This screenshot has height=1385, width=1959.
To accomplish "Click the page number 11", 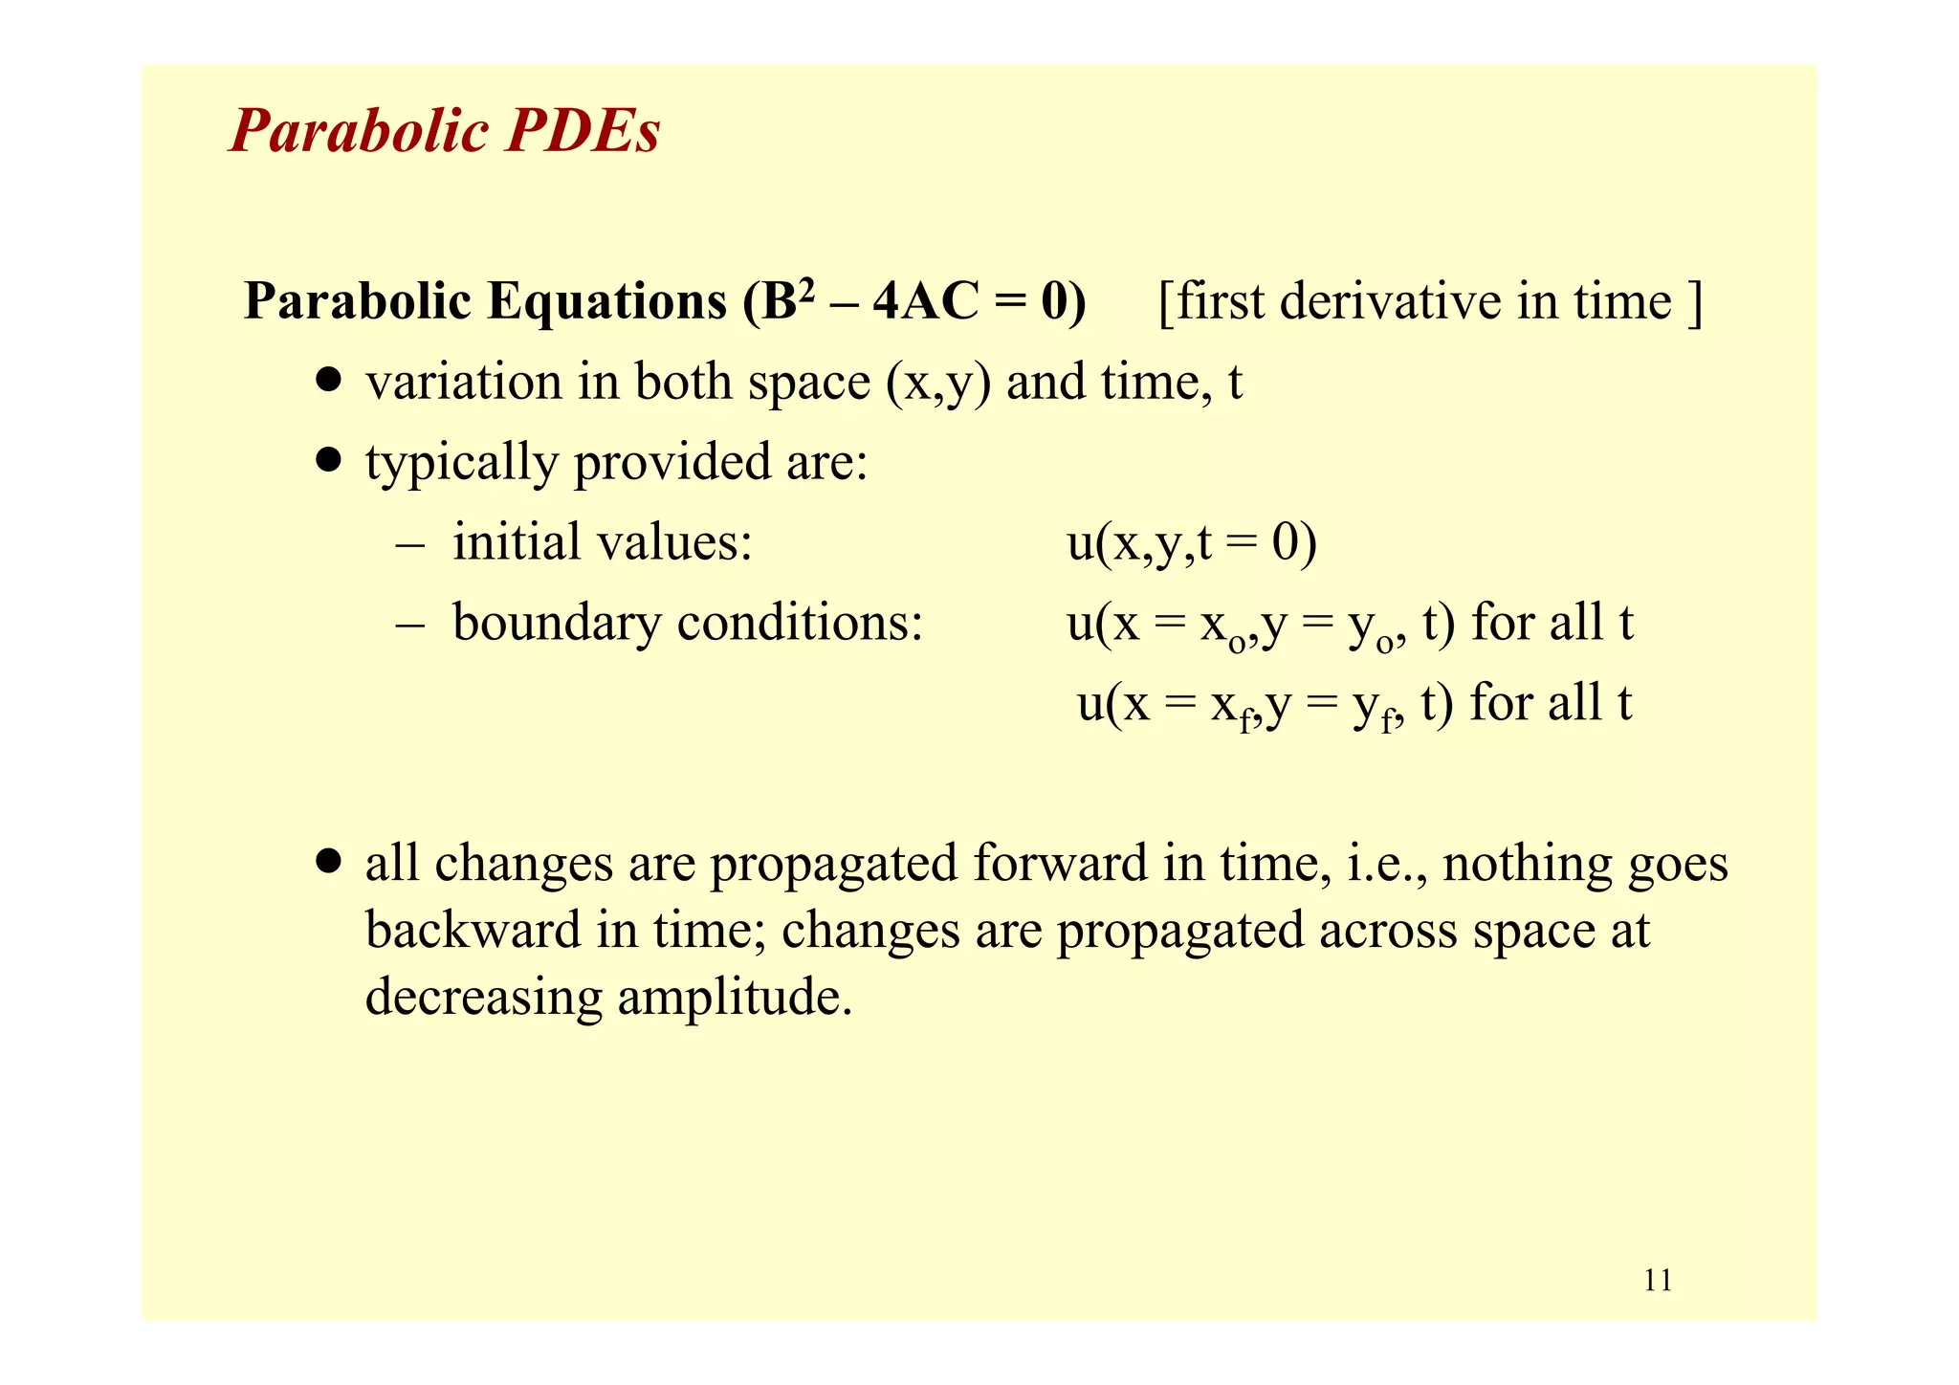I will [x=1658, y=1280].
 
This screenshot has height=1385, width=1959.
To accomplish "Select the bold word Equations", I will [x=606, y=301].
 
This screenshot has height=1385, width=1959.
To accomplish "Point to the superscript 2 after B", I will [x=806, y=288].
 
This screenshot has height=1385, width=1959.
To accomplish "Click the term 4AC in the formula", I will [x=926, y=301].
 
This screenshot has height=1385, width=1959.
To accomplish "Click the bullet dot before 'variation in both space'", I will [x=329, y=382].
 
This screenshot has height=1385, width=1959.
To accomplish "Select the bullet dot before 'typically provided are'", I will [x=329, y=461].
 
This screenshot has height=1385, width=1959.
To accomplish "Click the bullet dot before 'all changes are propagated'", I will [x=329, y=862].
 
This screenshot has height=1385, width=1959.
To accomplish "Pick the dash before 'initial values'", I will [x=409, y=544].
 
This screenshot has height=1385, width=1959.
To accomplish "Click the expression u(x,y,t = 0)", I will [x=1192, y=542].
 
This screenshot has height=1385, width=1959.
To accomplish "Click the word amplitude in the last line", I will [x=734, y=998].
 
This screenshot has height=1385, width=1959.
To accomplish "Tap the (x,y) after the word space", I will [x=938, y=383].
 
